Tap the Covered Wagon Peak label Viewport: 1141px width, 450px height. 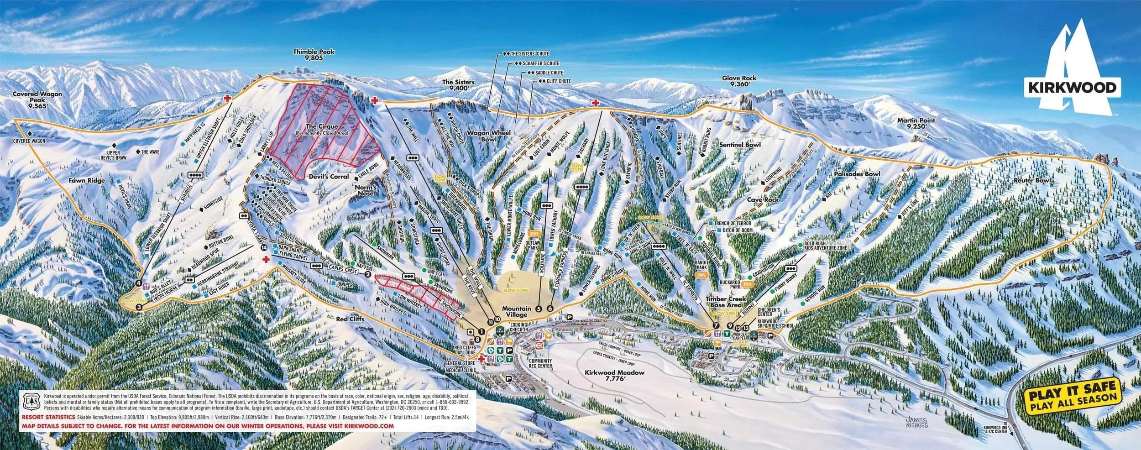click(31, 99)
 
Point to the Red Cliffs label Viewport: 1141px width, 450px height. click(350, 319)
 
